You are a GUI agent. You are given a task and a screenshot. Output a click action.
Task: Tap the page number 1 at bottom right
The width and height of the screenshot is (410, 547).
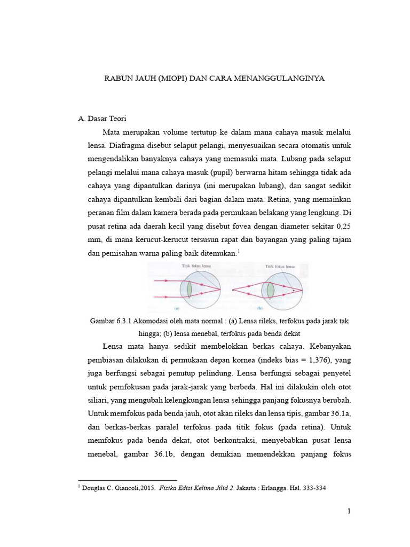click(x=349, y=511)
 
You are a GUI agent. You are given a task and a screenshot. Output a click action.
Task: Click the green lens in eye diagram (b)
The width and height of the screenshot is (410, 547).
click(x=270, y=290)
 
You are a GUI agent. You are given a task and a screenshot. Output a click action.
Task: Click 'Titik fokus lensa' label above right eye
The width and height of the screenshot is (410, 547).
click(x=280, y=265)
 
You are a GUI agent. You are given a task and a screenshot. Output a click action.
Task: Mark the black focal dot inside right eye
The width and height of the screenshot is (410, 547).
click(x=293, y=290)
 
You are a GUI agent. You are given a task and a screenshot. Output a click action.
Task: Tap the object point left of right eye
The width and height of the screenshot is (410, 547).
click(x=233, y=290)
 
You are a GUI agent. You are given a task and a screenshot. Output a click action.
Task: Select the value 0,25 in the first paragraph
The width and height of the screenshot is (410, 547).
click(x=342, y=226)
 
